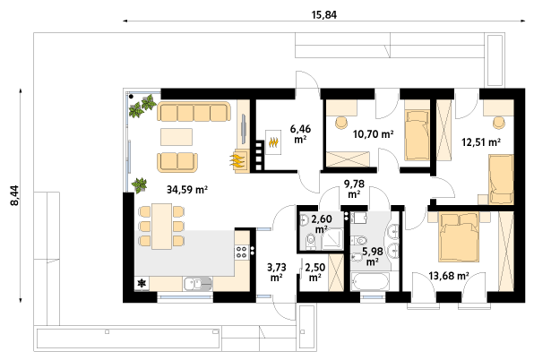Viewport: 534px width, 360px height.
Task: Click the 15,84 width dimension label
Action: tap(323, 15)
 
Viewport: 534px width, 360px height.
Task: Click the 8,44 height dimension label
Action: tap(15, 195)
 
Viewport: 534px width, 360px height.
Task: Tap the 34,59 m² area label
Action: tap(187, 190)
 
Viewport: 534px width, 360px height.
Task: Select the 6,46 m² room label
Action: tap(300, 133)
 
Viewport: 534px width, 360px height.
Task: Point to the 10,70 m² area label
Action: tap(374, 134)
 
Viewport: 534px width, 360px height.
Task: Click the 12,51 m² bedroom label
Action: tap(481, 141)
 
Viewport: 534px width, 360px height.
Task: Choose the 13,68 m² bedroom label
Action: tap(449, 276)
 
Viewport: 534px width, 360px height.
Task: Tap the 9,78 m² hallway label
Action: tap(354, 189)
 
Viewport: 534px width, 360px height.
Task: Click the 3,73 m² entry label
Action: tap(277, 272)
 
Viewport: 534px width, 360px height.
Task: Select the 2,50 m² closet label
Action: tap(315, 272)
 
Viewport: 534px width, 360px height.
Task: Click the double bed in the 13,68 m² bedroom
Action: tap(459, 236)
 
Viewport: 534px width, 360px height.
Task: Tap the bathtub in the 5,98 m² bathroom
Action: tap(370, 282)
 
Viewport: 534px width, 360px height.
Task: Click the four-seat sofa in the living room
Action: tap(194, 112)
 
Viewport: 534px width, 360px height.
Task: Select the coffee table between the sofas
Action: tap(177, 137)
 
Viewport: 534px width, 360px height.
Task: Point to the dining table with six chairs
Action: tap(162, 227)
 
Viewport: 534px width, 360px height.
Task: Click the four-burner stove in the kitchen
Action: tap(241, 253)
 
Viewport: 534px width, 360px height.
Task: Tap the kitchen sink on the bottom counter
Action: tap(197, 284)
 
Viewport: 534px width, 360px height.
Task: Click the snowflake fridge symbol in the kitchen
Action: tap(142, 284)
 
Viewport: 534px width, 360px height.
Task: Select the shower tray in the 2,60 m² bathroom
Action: tap(332, 239)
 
